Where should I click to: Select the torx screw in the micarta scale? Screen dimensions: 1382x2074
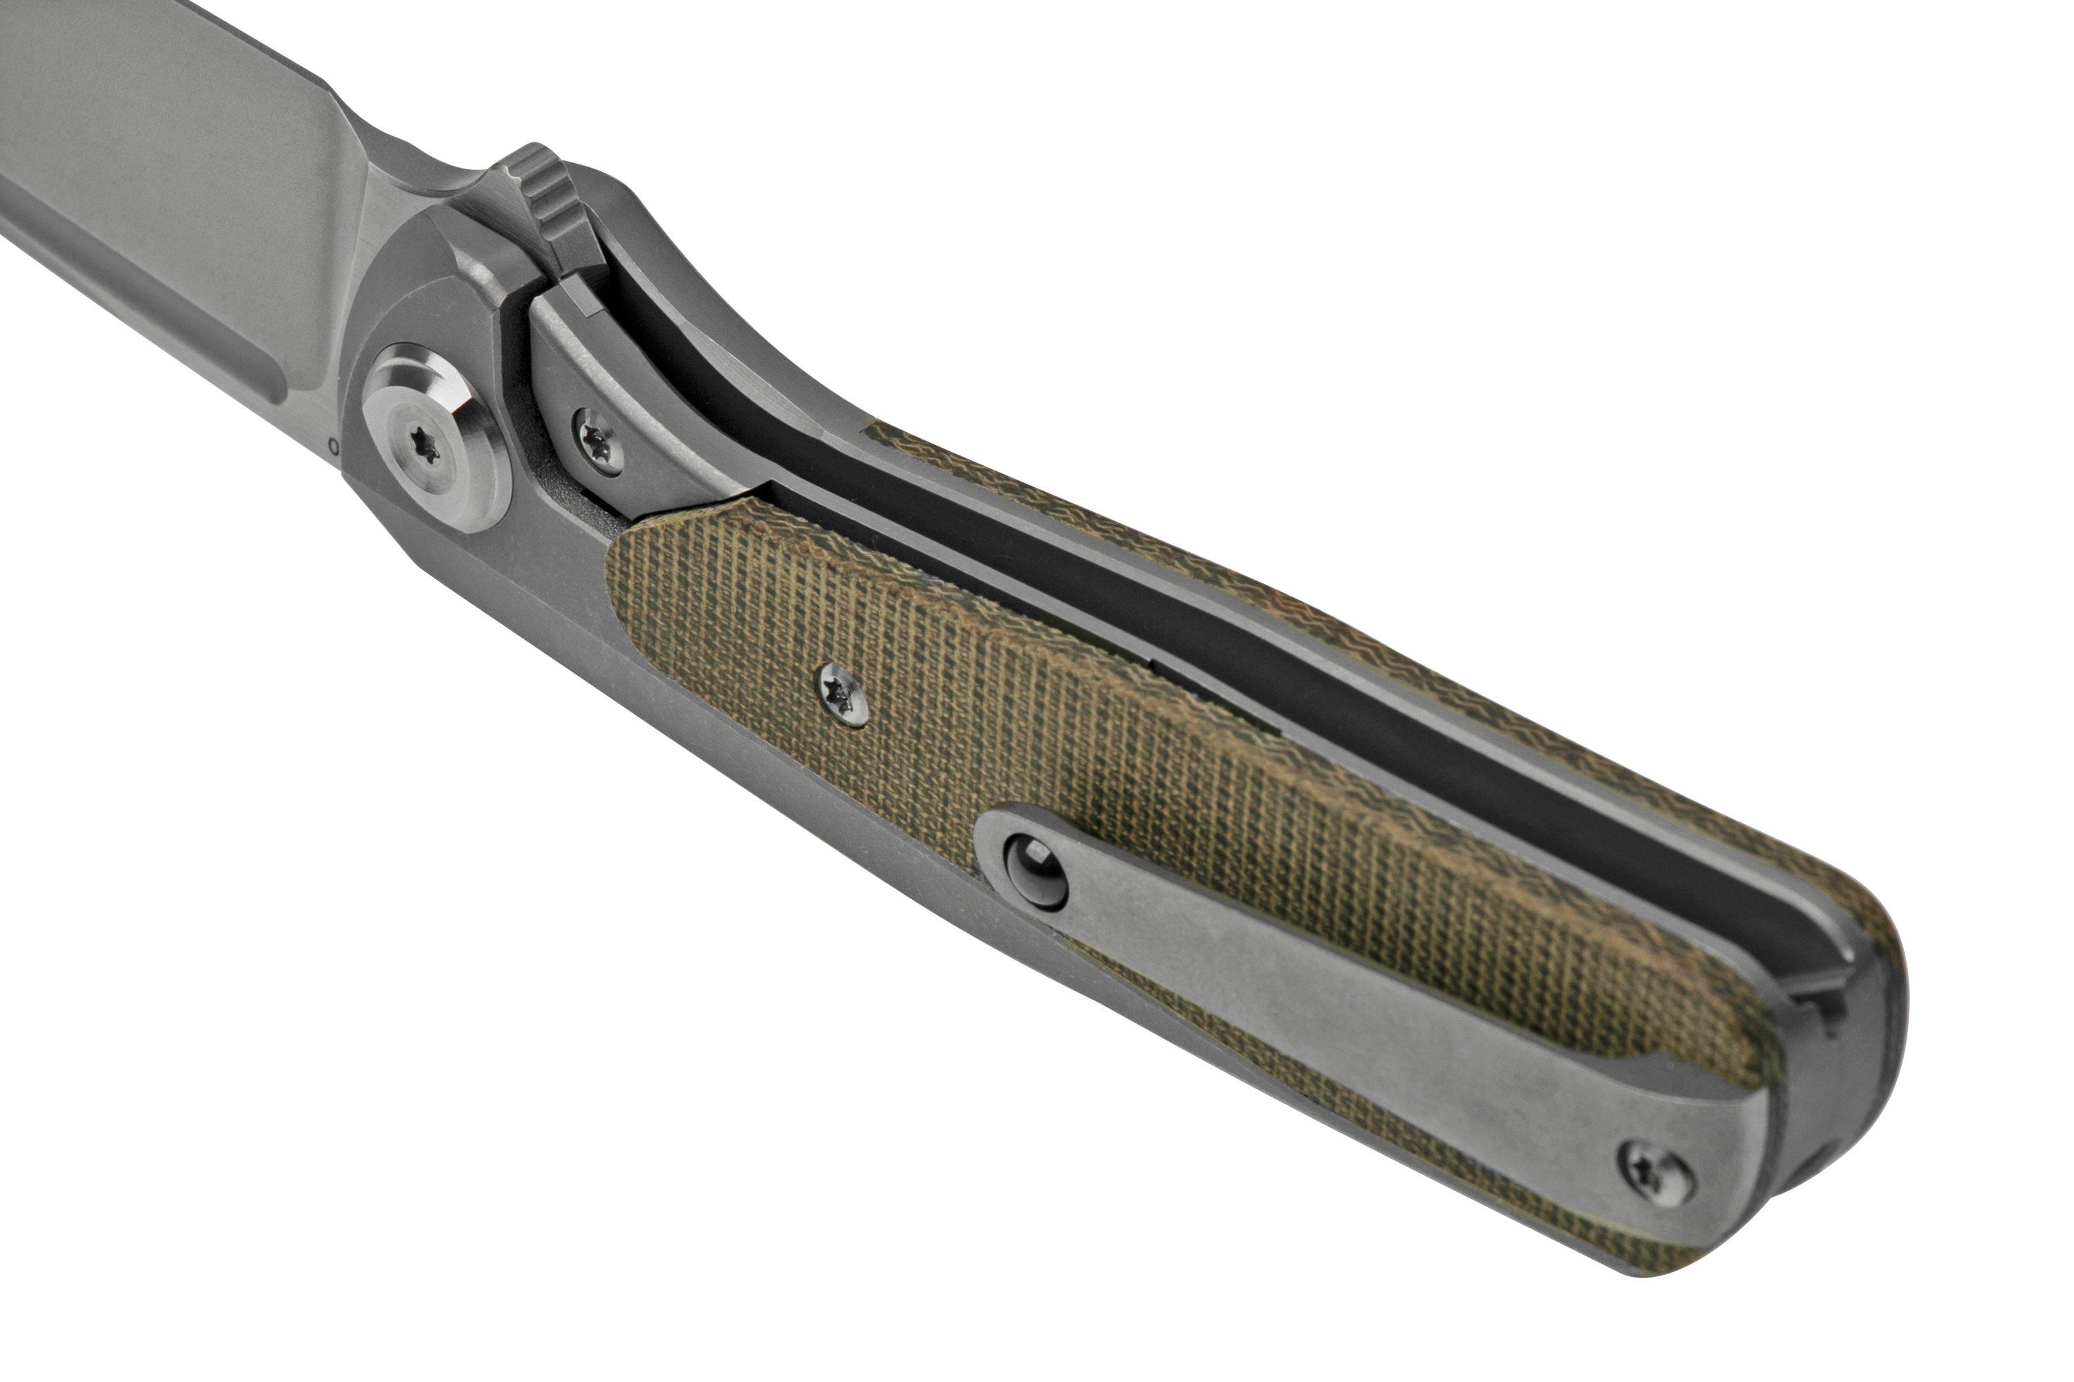click(842, 694)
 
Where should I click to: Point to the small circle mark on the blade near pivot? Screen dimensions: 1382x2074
click(333, 447)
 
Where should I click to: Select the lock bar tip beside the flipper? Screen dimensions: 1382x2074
click(577, 300)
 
